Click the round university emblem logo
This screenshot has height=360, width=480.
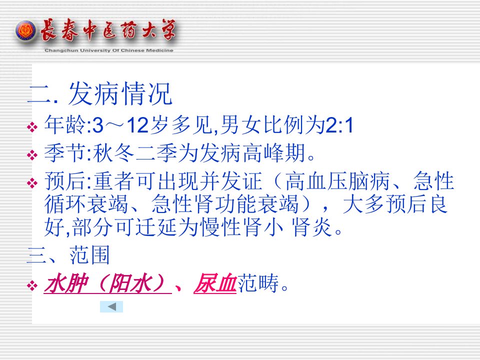25,31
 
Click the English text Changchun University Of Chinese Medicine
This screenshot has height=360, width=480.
109,50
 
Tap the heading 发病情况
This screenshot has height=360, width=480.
120,93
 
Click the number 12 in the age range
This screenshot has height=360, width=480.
137,125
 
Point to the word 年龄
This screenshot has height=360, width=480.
65,125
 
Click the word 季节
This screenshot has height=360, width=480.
65,153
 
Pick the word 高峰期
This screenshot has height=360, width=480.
274,153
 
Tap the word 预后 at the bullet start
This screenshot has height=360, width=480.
65,181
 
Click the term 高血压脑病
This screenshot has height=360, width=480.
337,181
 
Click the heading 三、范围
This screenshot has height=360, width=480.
68,255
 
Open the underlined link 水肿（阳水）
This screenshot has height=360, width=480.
108,283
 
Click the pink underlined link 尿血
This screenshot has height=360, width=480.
215,283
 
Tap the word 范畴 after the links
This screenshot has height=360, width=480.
258,283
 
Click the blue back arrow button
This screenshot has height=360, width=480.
111,306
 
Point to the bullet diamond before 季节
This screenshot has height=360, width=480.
32,155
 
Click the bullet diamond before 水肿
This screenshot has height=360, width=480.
32,286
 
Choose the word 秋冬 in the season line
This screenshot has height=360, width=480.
114,153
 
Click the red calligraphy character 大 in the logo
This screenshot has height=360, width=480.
150,30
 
